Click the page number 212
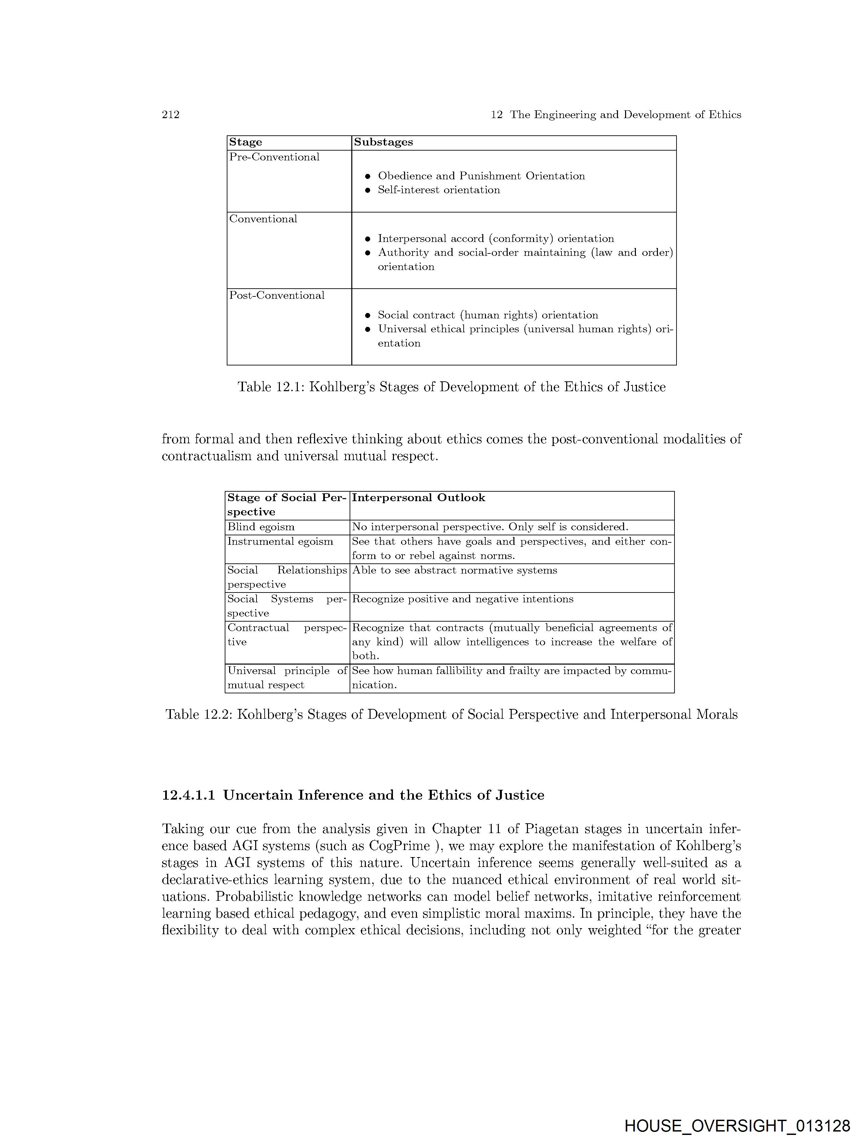coord(171,114)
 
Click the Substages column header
coord(383,142)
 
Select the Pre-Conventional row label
coord(274,157)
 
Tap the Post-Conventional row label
coord(277,295)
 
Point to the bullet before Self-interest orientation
coord(368,190)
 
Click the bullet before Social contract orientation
coord(368,315)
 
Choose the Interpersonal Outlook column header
coord(418,498)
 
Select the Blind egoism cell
coord(261,527)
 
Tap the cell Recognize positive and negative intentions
coord(462,599)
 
